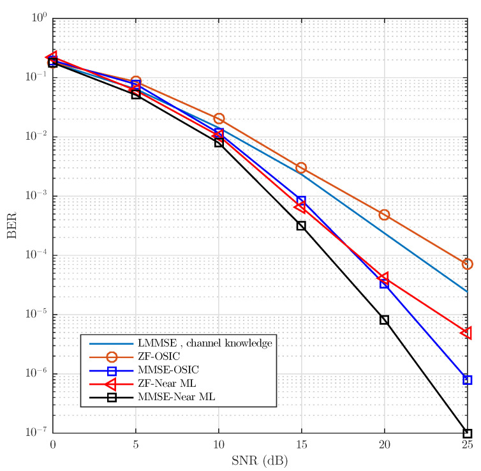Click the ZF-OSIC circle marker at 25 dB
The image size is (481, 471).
467,264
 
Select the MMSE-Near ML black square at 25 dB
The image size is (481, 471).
467,433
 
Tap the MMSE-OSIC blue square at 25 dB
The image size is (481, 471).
467,380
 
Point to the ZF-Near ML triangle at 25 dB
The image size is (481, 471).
466,333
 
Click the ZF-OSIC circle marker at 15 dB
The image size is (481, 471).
301,168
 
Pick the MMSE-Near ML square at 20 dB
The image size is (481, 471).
384,320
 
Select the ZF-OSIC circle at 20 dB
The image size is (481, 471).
384,215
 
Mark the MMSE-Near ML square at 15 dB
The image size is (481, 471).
301,226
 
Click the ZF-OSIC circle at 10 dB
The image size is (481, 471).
219,119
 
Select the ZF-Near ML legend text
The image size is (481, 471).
161,384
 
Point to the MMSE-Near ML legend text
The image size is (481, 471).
165,397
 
